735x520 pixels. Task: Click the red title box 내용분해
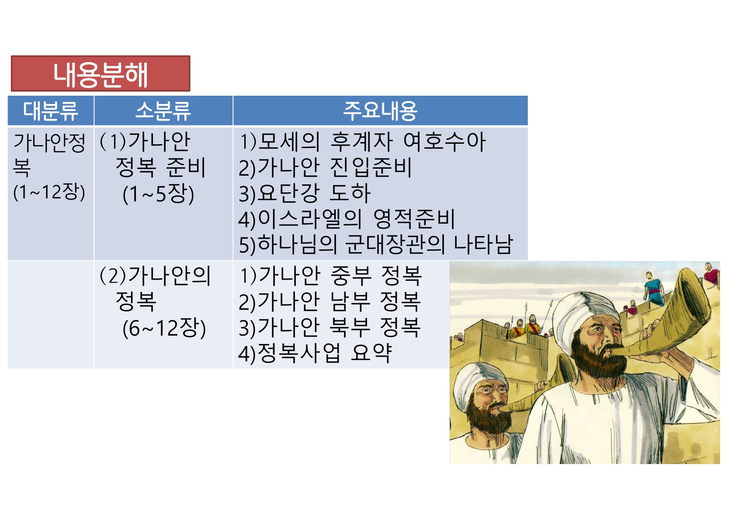101,73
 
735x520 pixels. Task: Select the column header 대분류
51,111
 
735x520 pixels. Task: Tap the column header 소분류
163,111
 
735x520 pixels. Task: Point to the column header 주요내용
380,111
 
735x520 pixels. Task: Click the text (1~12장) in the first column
49,192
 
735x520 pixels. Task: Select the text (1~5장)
159,194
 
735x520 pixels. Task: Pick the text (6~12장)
164,328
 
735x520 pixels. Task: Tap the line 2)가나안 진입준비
325,168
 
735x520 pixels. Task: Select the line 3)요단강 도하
305,193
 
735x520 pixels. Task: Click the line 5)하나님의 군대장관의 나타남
376,245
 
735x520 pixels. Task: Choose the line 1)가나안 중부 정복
331,276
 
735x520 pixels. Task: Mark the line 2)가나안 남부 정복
330,302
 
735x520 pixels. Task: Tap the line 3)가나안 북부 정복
330,327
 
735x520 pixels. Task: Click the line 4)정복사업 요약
315,354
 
